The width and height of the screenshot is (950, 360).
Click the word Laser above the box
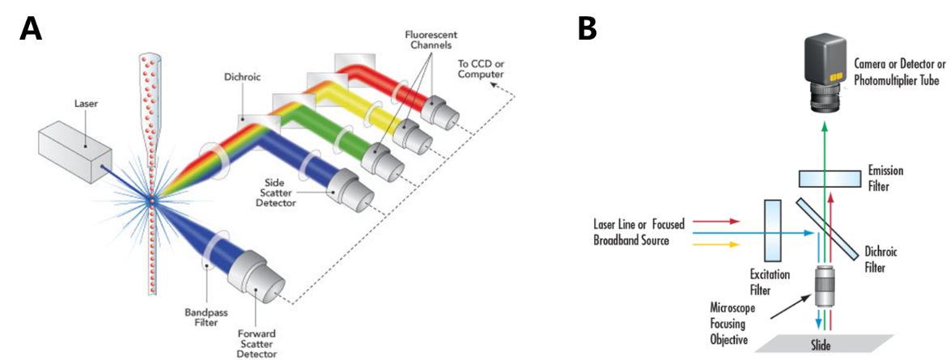(x=85, y=104)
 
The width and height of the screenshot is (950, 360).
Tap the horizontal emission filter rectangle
(x=833, y=178)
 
